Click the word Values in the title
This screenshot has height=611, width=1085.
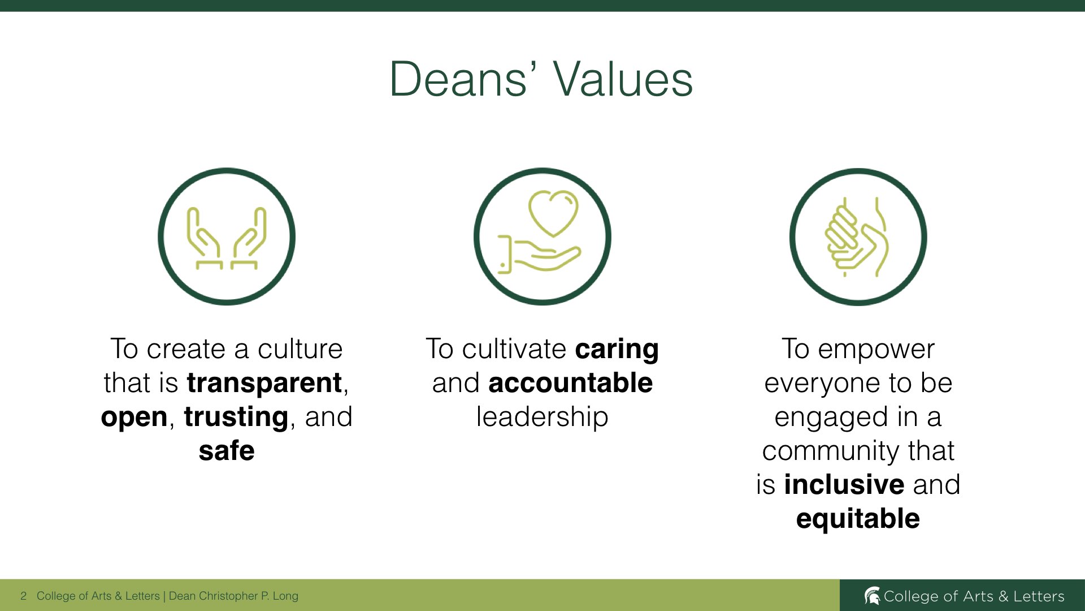(623, 79)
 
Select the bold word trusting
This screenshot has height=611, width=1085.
(236, 418)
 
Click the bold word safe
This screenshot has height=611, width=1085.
(227, 451)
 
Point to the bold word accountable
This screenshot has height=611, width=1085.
(571, 383)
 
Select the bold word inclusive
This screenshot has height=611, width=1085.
(844, 485)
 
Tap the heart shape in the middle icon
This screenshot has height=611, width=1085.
(553, 212)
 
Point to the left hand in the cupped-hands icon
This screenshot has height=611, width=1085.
(204, 238)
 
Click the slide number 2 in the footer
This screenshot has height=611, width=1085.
(23, 596)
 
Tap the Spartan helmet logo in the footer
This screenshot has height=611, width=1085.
(872, 596)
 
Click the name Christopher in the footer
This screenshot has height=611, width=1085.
(228, 596)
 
